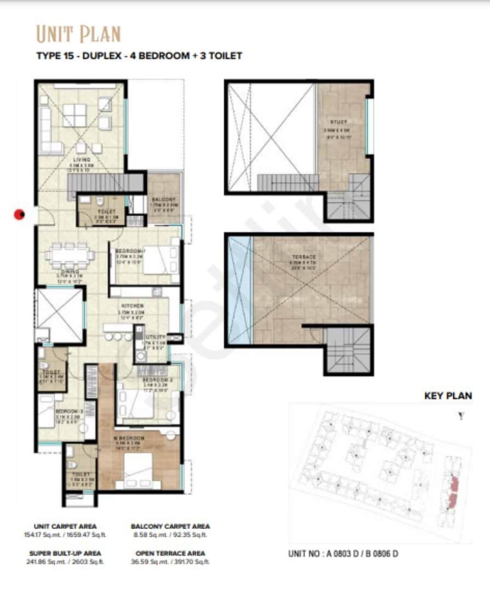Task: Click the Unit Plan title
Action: coord(78,34)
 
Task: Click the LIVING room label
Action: coord(81,160)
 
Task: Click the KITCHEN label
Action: coord(133,305)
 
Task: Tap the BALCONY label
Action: coord(164,200)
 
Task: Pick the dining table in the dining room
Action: coord(70,254)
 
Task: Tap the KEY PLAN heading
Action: coord(448,396)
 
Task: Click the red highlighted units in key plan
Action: coord(453,492)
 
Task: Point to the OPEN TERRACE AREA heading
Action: coord(170,553)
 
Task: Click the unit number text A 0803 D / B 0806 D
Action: coord(343,554)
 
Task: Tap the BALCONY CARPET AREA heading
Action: coord(170,526)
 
